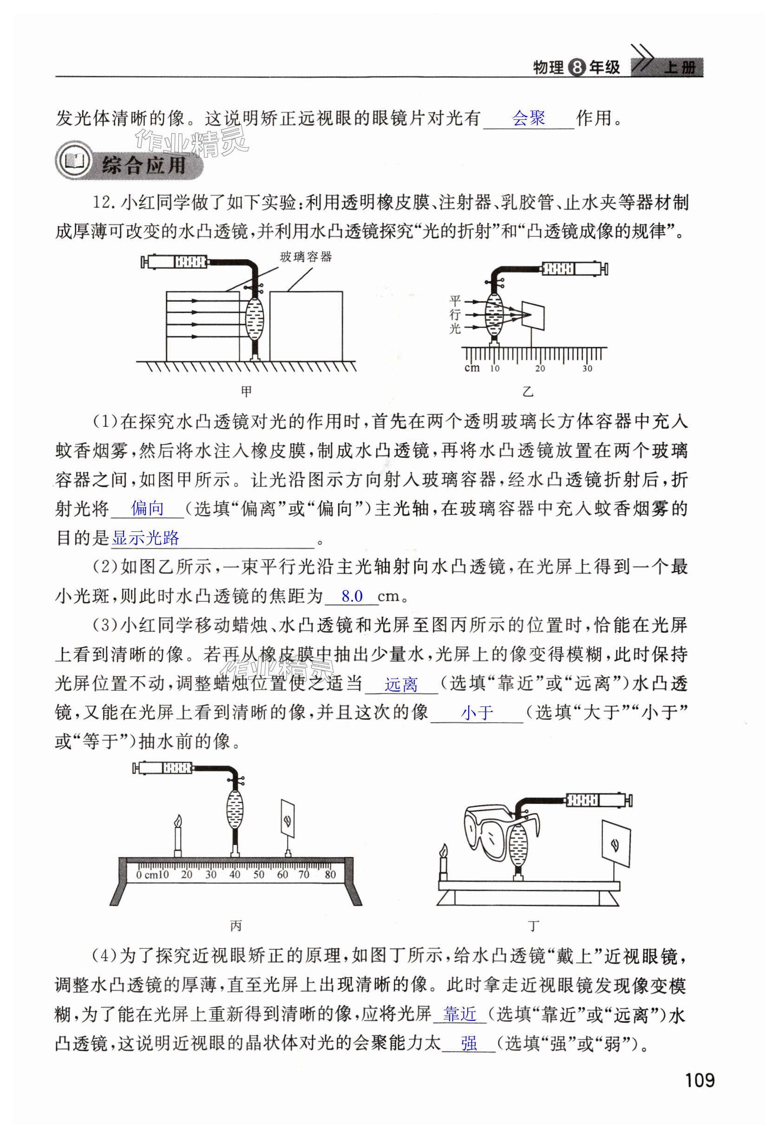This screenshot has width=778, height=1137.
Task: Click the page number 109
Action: pos(699,1080)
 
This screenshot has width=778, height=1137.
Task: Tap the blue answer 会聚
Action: pos(529,118)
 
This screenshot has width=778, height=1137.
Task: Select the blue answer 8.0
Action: pos(352,596)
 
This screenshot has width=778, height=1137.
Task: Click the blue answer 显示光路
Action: pos(146,538)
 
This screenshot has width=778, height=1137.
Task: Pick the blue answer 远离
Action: pos(401,685)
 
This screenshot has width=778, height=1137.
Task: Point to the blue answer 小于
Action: pos(477,713)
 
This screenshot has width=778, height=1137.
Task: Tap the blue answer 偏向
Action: pos(147,509)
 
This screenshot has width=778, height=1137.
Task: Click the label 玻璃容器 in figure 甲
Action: pos(306,257)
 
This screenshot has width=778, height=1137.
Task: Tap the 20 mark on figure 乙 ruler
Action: pos(540,368)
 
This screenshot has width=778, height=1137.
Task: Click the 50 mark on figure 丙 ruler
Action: pos(258,874)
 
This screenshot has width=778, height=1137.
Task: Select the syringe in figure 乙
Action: pos(575,268)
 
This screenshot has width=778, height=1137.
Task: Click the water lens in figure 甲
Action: pos(255,320)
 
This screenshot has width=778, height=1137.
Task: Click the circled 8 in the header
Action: pos(577,67)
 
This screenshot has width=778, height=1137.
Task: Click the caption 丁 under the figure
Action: pos(533,926)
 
